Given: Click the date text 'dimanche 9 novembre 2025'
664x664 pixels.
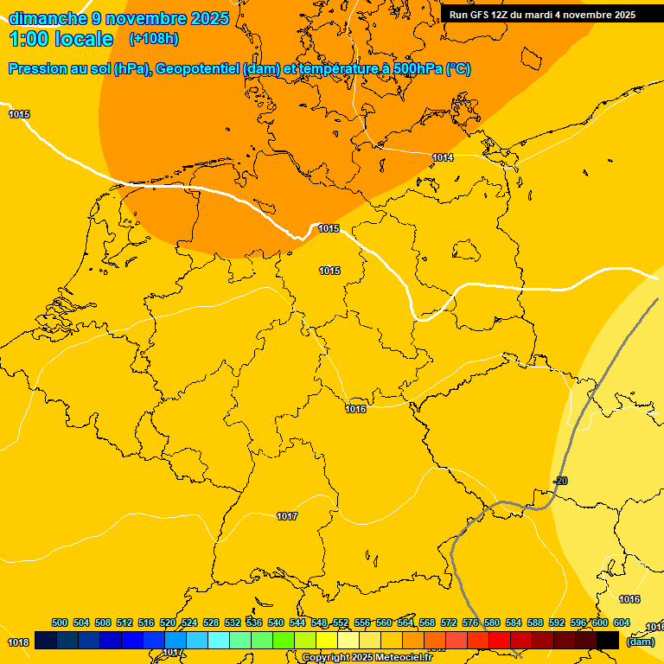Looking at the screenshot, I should pyautogui.click(x=118, y=18).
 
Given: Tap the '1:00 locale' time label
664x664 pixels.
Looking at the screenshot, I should pyautogui.click(x=61, y=39).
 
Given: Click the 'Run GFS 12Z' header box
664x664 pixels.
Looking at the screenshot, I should pyautogui.click(x=542, y=14).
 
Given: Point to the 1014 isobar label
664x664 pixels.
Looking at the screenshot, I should pyautogui.click(x=444, y=157).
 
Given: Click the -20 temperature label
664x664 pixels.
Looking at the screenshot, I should pyautogui.click(x=560, y=481).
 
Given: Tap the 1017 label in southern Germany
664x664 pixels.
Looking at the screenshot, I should pyautogui.click(x=287, y=516).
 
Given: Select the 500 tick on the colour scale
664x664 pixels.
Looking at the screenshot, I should pyautogui.click(x=60, y=622).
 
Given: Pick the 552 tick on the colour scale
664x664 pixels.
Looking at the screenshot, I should pyautogui.click(x=341, y=622).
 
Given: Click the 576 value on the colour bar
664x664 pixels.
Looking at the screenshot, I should pyautogui.click(x=470, y=622).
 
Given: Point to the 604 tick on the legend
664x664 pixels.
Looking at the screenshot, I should pyautogui.click(x=622, y=622).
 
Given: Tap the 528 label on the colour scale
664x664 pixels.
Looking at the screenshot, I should pyautogui.click(x=211, y=622).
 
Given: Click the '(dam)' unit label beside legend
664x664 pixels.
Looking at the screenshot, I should pyautogui.click(x=641, y=642).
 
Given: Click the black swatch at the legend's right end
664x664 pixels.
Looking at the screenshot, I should pyautogui.click(x=608, y=640).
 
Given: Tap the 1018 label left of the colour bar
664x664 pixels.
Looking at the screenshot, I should pyautogui.click(x=18, y=642).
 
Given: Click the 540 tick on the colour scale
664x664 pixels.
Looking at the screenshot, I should pyautogui.click(x=276, y=622).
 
